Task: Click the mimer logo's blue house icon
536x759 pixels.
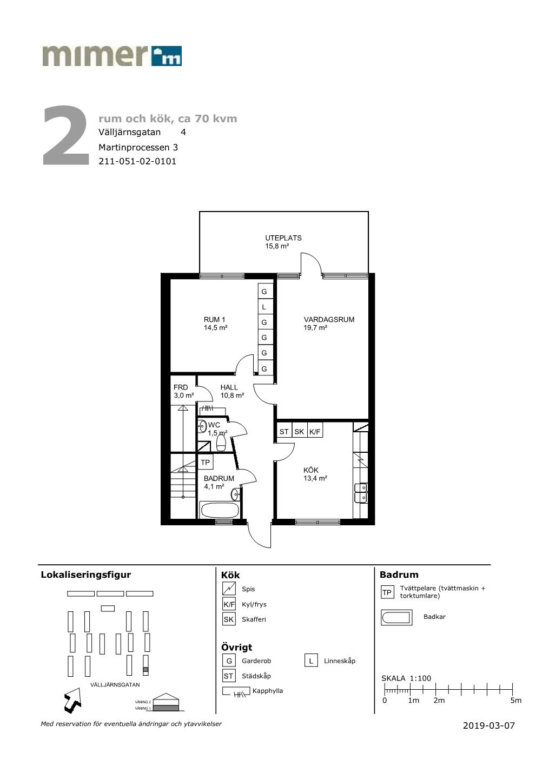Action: click(x=167, y=56)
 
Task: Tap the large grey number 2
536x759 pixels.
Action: click(x=66, y=136)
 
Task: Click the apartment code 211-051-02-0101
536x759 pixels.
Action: click(x=137, y=161)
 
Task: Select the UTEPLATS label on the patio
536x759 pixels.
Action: click(x=283, y=238)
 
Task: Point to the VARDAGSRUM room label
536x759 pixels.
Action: click(x=329, y=319)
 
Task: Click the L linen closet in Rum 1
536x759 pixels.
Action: click(x=264, y=307)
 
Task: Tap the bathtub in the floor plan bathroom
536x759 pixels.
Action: click(x=219, y=510)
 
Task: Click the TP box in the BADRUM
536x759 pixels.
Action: click(x=205, y=463)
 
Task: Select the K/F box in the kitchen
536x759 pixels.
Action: click(x=315, y=432)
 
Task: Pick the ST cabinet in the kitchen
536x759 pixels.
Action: click(x=284, y=432)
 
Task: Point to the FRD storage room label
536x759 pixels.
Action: click(x=180, y=387)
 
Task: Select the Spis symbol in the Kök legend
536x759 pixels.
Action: click(x=229, y=589)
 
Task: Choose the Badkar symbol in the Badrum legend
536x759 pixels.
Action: click(x=396, y=617)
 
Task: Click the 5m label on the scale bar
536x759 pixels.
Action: click(x=515, y=701)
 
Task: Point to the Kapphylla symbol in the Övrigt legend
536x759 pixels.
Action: click(x=236, y=691)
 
